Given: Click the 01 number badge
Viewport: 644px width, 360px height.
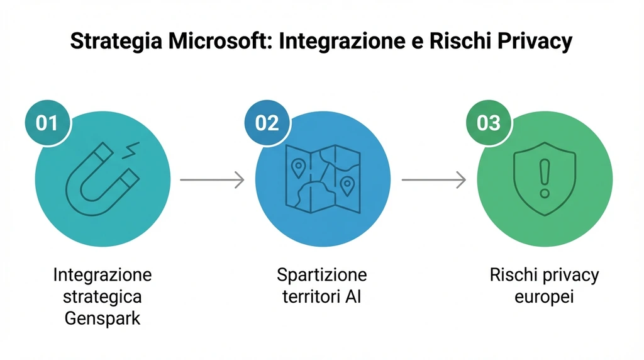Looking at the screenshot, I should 47,122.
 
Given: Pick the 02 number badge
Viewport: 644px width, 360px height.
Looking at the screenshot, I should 267,122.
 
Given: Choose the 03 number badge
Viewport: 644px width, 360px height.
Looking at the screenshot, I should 488,122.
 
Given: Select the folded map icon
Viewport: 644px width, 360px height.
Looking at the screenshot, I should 322,179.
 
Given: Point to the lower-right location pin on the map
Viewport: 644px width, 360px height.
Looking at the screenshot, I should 347,185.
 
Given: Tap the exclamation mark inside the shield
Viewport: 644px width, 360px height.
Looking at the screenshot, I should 544,177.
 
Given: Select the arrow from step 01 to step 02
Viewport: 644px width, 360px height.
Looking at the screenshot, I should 212,180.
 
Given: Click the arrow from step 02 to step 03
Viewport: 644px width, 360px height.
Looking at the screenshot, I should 433,180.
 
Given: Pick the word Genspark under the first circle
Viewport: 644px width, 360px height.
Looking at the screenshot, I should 103,318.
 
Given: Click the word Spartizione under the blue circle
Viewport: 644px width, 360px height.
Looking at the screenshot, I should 322,276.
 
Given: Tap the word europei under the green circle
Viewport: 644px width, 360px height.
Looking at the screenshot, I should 544,296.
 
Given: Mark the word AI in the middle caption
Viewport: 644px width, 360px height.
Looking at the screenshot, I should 353,296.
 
